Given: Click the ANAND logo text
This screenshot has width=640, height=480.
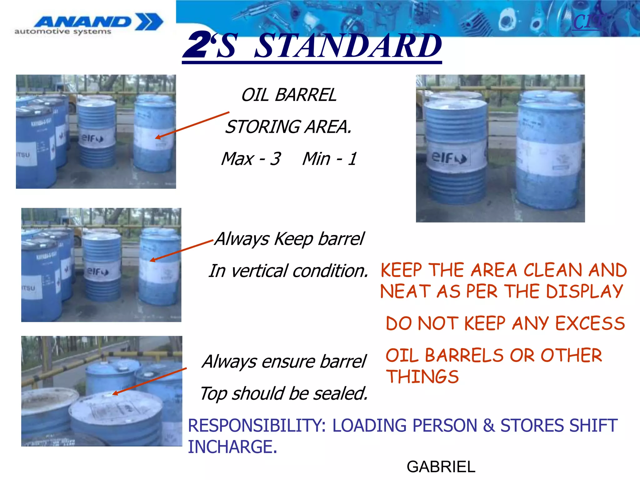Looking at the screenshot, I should pos(83,22).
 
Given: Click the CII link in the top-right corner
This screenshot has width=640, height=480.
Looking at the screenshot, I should pos(587,22).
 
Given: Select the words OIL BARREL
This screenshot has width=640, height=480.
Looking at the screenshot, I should pos(289,95).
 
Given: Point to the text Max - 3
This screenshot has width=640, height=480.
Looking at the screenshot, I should pos(251,158).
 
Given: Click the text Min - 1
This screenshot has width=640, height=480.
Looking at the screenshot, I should pos(329,158).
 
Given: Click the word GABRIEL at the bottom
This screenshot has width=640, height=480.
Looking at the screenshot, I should pos(441,467).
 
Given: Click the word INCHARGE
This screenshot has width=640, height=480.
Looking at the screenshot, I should pos(232,447).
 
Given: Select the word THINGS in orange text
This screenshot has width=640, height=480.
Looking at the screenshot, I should pos(422,376).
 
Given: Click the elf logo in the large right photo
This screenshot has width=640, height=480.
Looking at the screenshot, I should pos(449,158).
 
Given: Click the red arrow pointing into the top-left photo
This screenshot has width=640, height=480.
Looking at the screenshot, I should pos(192,125).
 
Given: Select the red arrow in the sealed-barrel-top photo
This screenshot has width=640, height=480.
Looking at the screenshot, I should pos(149,381).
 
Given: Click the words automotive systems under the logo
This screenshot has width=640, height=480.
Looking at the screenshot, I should pos(63,32).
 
